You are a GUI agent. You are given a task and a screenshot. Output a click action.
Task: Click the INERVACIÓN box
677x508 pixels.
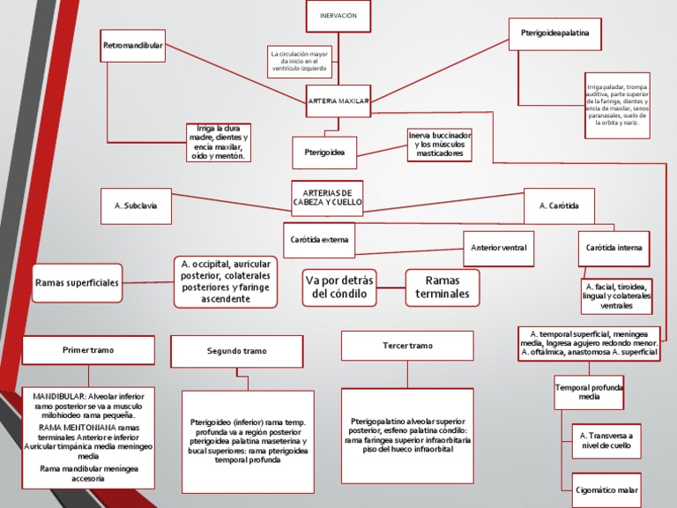[x=338, y=16]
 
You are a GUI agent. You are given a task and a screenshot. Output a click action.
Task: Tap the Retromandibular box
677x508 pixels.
[x=133, y=45]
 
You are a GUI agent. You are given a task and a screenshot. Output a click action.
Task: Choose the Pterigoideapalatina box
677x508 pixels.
[x=549, y=33]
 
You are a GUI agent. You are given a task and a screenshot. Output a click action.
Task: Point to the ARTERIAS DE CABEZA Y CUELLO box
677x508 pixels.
[x=327, y=198]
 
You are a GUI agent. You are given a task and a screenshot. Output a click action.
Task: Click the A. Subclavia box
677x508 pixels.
[x=136, y=205]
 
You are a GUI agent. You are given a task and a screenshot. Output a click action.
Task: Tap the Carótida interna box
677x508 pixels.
[x=615, y=248]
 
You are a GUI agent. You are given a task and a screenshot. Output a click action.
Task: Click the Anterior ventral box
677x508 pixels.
[x=499, y=248]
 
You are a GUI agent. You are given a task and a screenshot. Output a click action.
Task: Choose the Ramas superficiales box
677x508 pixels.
[x=77, y=283]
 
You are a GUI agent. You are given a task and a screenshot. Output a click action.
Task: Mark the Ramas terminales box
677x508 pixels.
[x=443, y=287]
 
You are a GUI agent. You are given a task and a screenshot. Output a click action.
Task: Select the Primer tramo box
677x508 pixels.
[x=88, y=350]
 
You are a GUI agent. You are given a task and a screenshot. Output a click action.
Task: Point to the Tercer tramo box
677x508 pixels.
[x=408, y=346]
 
